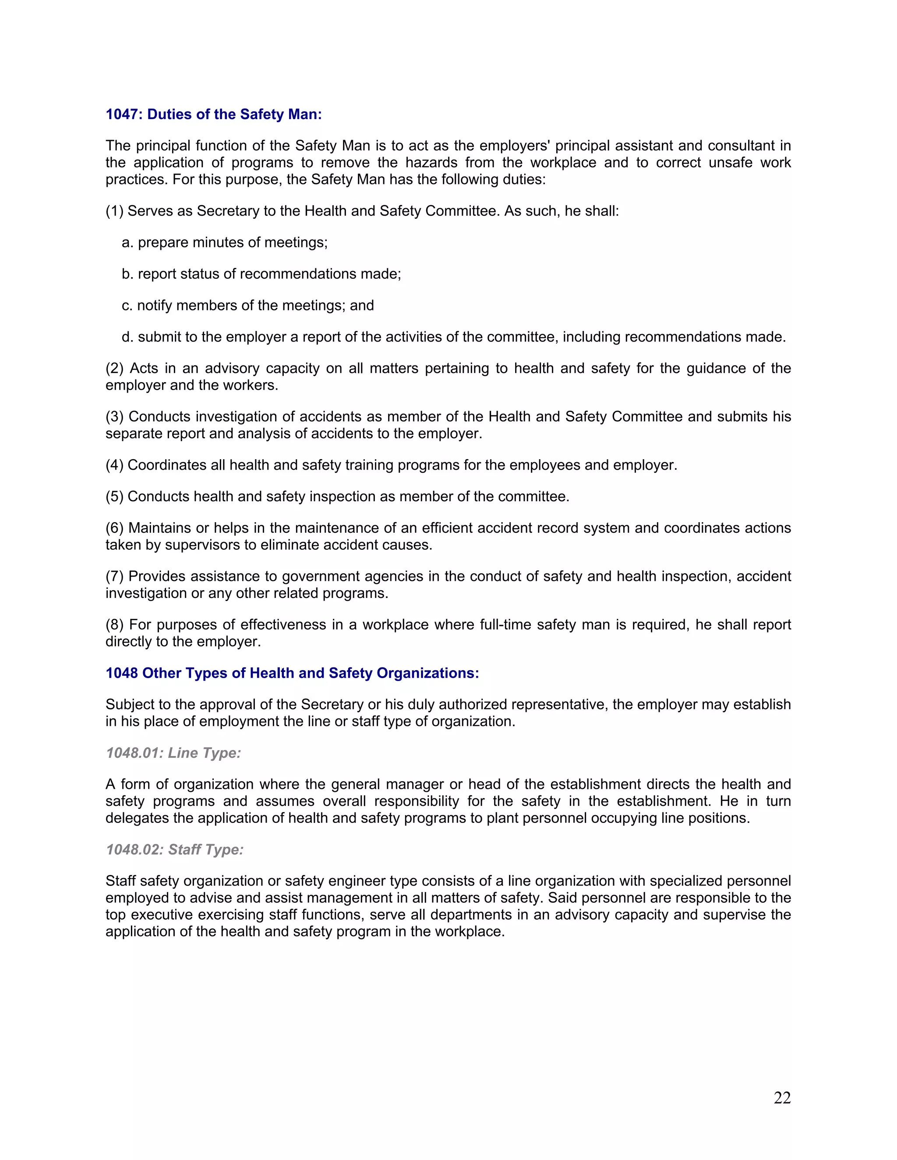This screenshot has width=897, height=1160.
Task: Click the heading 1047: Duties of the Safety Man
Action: click(214, 114)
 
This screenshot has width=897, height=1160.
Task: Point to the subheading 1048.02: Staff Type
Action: click(174, 849)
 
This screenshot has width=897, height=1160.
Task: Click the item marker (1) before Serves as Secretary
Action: click(114, 211)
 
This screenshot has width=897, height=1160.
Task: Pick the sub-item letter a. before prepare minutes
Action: click(127, 243)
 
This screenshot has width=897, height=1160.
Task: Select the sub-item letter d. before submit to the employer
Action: click(127, 337)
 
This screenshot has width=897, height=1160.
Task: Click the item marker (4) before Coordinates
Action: click(114, 465)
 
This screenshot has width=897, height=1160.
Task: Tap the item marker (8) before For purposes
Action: click(114, 625)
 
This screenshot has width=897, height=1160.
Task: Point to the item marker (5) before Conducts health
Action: click(114, 497)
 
